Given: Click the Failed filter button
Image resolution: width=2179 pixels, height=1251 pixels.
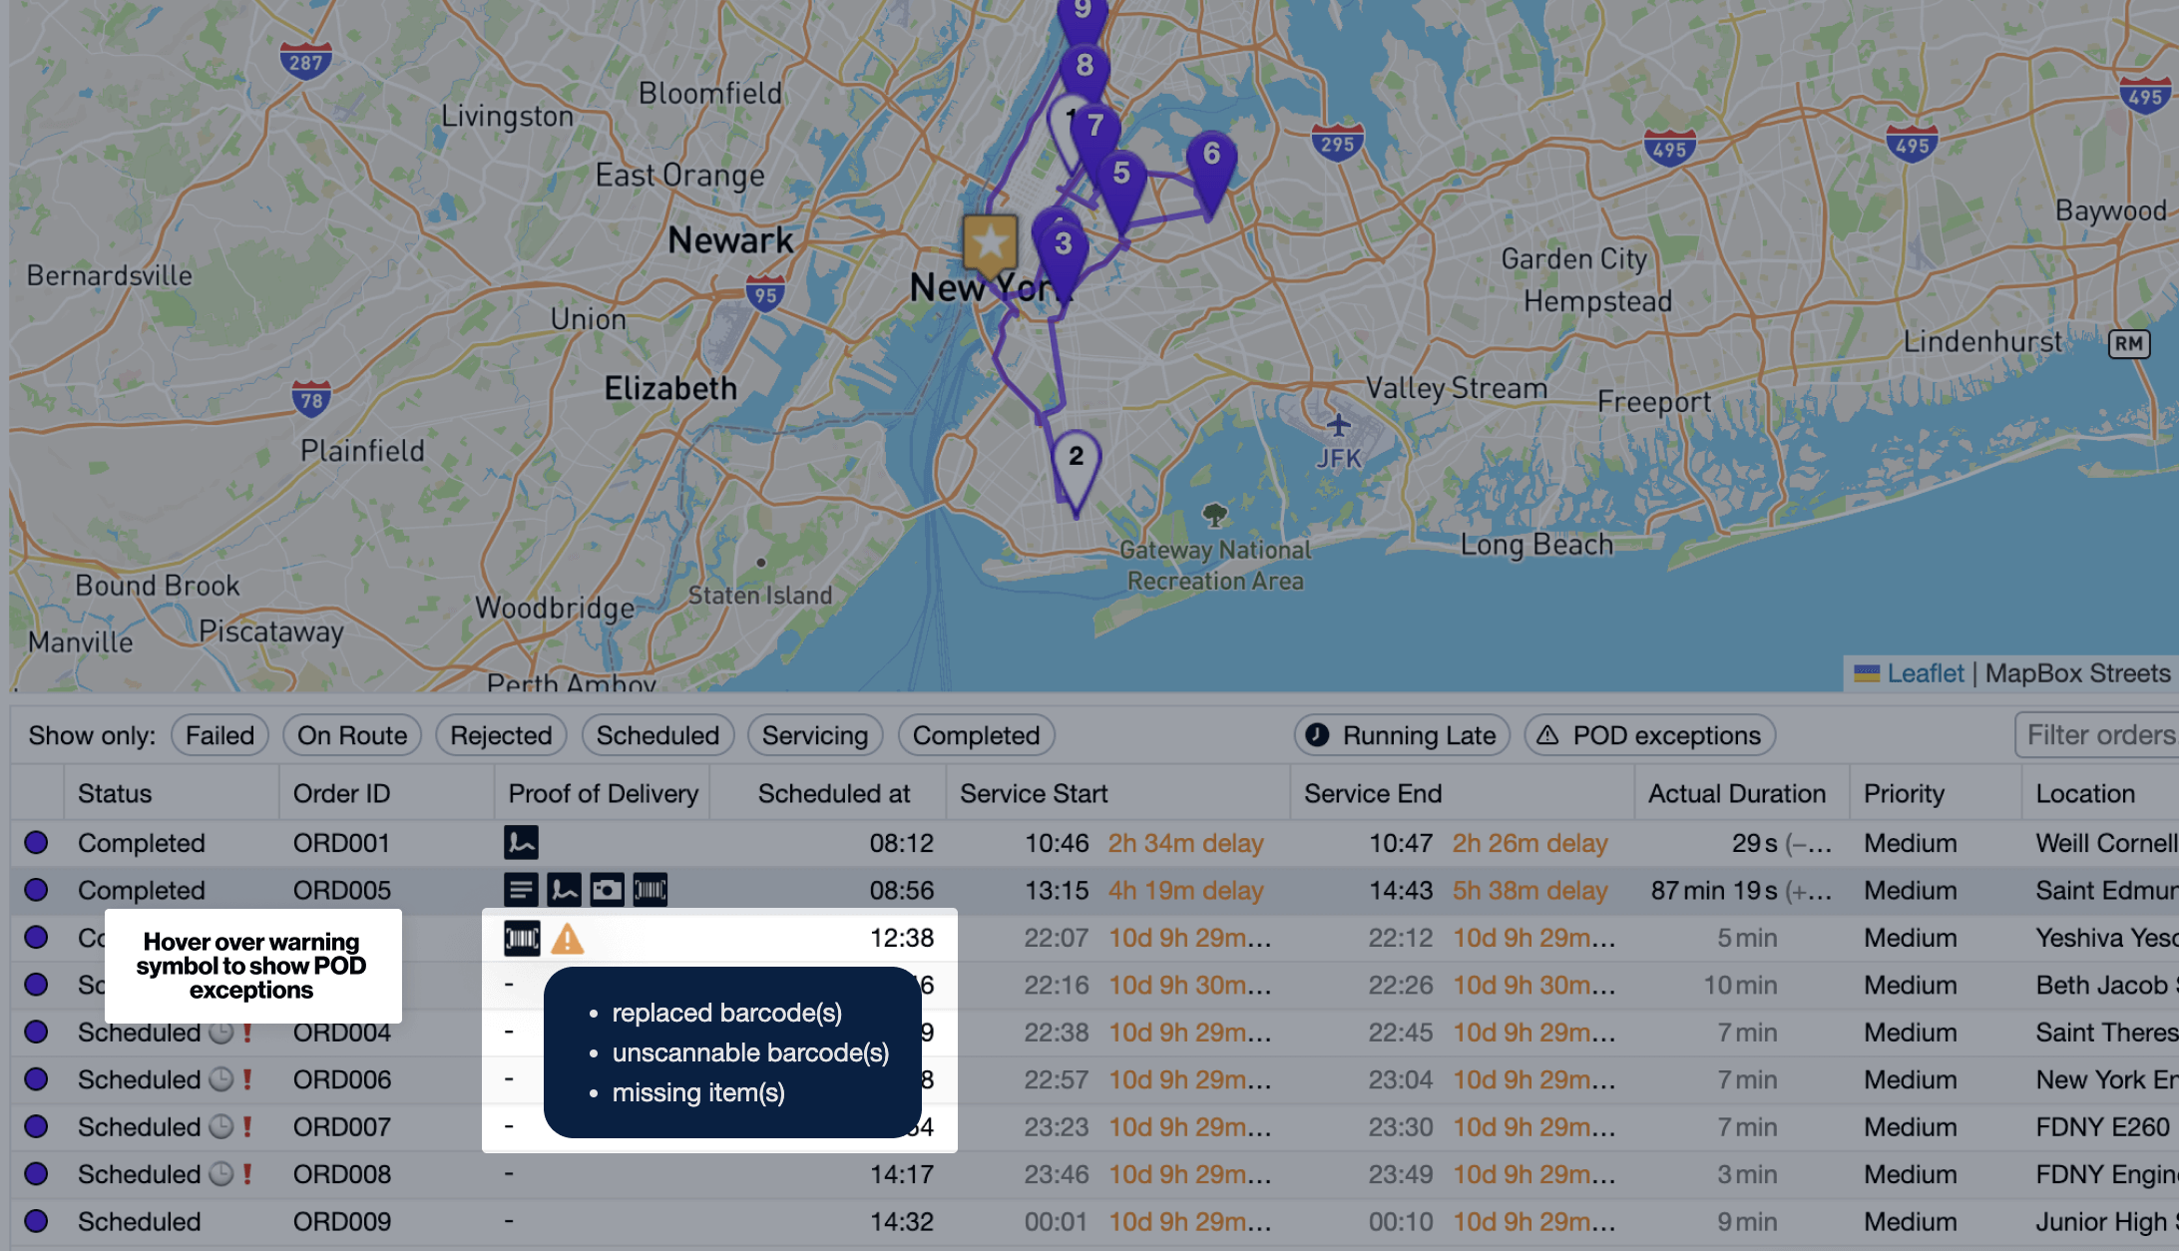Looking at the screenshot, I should [x=219, y=735].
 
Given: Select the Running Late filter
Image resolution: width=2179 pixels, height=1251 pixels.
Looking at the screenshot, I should [x=1402, y=735].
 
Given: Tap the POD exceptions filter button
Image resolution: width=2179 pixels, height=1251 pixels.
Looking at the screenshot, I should [x=1649, y=735].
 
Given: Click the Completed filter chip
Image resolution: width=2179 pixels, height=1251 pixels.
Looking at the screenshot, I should [x=976, y=735].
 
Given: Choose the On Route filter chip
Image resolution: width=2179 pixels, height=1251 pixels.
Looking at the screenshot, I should [x=352, y=735].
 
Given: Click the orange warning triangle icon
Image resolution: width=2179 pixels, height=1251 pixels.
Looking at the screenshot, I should [x=568, y=939].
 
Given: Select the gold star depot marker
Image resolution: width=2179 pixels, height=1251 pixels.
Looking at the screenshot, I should [x=990, y=242].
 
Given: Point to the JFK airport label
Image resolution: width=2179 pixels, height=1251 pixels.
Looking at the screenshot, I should [x=1338, y=458].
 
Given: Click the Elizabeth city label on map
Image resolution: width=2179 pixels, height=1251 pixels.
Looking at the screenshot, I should [x=670, y=388].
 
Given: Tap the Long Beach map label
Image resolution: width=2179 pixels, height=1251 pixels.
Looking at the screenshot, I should [x=1536, y=545].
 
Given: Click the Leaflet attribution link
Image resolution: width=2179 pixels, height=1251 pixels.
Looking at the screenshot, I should [x=1925, y=673].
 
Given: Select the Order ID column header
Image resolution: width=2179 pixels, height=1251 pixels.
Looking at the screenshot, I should [x=341, y=793].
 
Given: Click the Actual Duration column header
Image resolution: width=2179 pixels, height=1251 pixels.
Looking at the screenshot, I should [x=1736, y=793].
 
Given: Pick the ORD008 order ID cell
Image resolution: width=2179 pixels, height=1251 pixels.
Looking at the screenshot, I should [x=341, y=1174].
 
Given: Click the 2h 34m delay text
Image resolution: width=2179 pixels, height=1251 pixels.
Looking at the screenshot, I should [x=1185, y=843].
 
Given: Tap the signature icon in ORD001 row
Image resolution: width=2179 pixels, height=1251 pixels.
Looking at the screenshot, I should [x=521, y=842].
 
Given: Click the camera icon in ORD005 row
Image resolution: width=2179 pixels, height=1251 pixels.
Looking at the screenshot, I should [x=607, y=889].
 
